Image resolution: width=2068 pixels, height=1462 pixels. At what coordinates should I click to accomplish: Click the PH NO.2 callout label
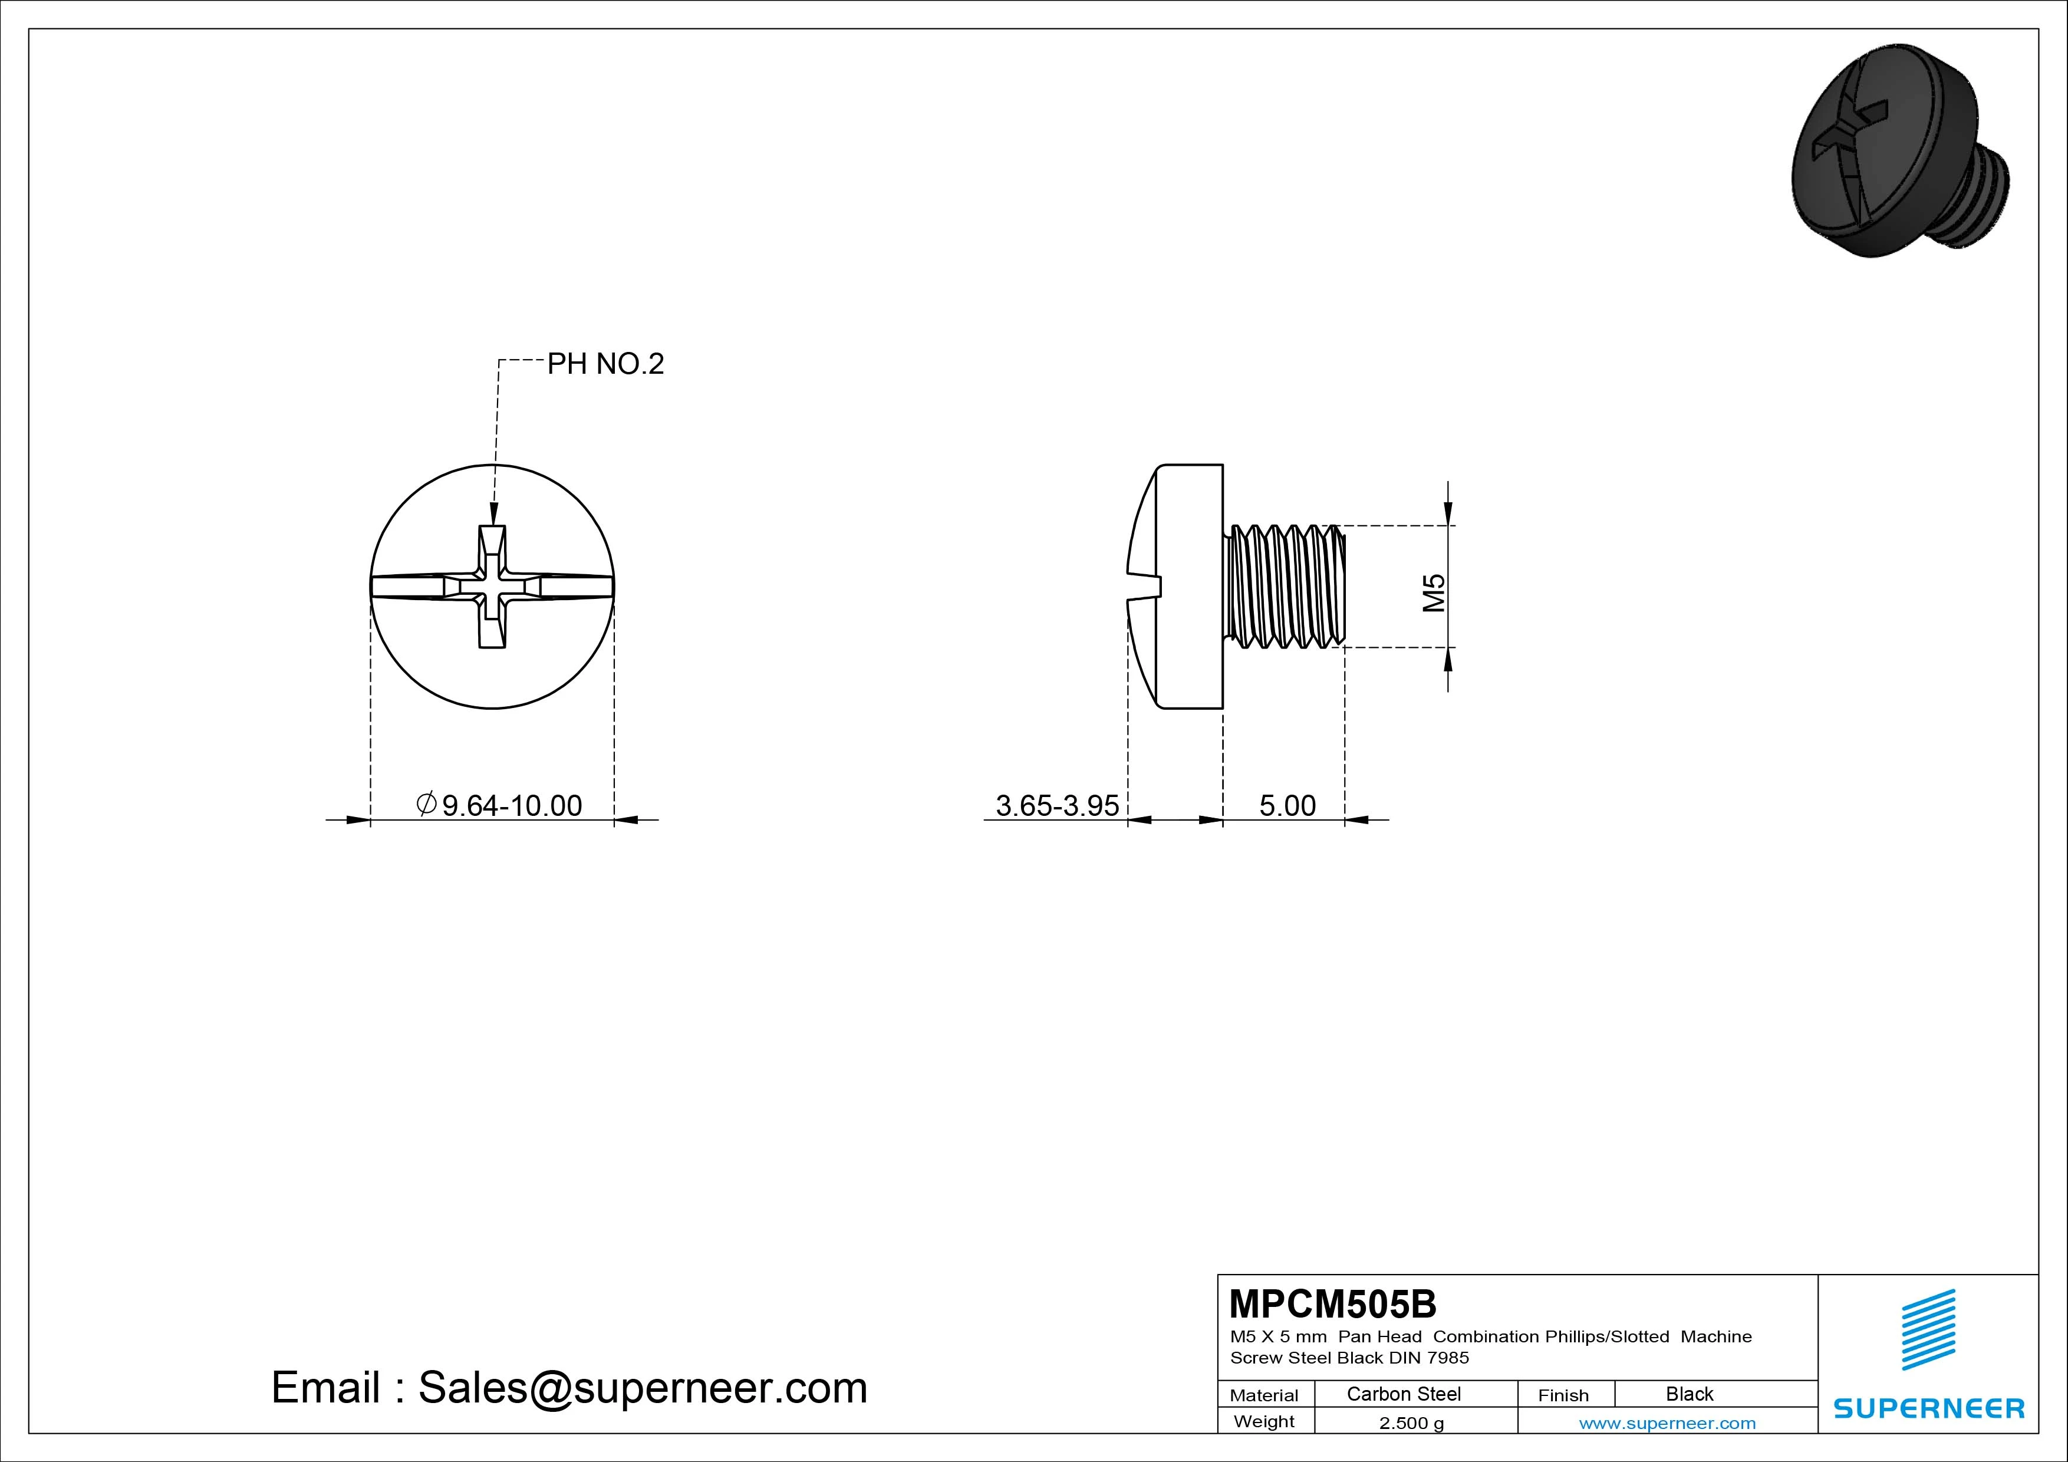[x=605, y=364]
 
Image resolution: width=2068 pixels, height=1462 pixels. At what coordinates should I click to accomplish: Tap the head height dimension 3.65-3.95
[x=1058, y=805]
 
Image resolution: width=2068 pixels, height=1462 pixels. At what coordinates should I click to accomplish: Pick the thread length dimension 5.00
[x=1287, y=805]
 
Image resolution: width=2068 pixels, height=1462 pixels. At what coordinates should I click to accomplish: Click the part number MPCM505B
[x=1333, y=1303]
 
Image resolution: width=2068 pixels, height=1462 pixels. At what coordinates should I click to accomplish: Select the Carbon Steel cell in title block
[x=1403, y=1394]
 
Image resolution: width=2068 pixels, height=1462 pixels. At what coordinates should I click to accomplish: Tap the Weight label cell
[x=1264, y=1421]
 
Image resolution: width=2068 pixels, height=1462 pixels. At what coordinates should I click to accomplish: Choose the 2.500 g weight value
[x=1411, y=1423]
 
